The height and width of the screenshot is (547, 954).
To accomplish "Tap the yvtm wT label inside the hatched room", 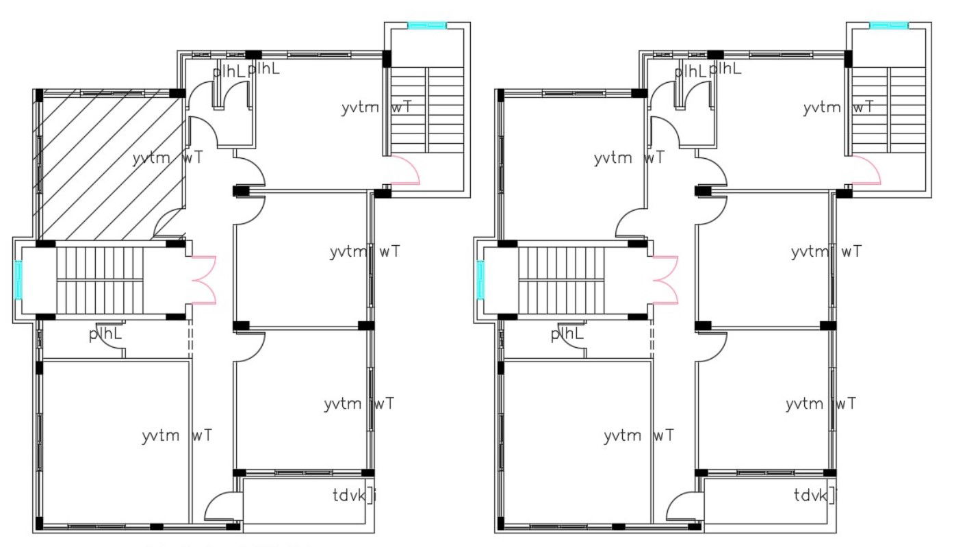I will (167, 158).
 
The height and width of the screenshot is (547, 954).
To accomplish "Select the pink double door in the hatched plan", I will (205, 279).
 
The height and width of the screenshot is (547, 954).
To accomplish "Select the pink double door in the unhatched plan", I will (666, 279).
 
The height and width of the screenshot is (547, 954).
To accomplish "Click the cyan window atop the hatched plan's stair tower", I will (427, 25).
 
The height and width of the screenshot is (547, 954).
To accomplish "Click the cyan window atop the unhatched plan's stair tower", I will (888, 25).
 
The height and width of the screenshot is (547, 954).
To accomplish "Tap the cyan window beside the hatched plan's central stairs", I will (18, 279).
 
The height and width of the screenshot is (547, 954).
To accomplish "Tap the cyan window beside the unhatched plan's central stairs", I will (480, 279).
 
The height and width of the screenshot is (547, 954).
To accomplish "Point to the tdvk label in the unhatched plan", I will (815, 494).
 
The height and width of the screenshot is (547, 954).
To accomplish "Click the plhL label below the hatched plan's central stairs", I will (105, 334).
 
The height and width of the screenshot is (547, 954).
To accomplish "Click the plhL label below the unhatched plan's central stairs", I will (567, 334).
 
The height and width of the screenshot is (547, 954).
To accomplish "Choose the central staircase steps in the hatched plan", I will (99, 279).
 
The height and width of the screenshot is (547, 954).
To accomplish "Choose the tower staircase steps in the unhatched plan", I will (888, 110).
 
